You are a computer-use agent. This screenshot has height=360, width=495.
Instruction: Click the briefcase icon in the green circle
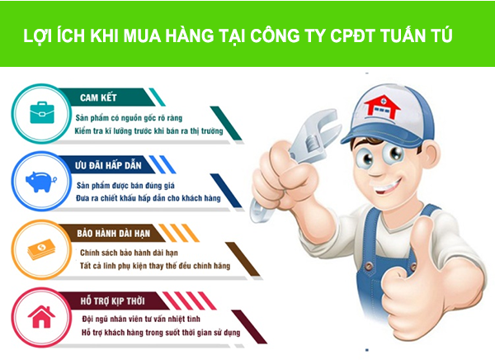click(x=38, y=111)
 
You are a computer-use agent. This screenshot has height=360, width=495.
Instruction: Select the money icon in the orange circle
click(x=38, y=249)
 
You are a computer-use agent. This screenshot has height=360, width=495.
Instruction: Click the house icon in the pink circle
click(x=38, y=317)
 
